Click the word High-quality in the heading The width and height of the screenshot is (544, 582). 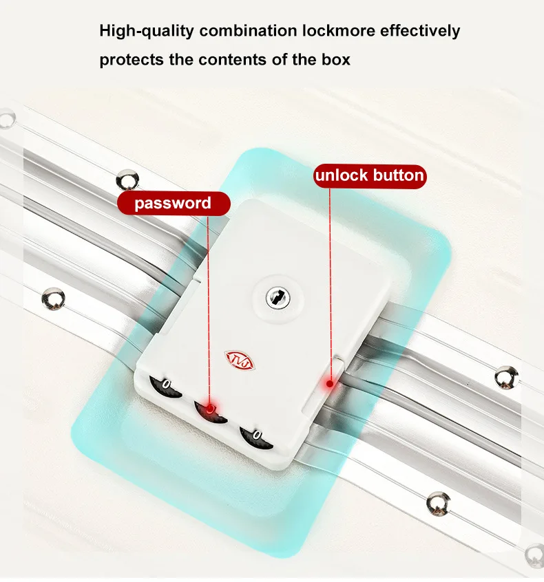pyautogui.click(x=147, y=31)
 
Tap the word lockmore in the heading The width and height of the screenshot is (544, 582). pyautogui.click(x=339, y=30)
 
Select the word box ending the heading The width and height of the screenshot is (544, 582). pyautogui.click(x=336, y=59)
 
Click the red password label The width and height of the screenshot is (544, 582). pyautogui.click(x=174, y=204)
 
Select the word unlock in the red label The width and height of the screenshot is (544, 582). pyautogui.click(x=342, y=175)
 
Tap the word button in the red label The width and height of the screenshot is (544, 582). pyautogui.click(x=398, y=175)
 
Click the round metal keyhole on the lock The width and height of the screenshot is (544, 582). pyautogui.click(x=278, y=297)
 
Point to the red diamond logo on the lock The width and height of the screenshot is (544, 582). pyautogui.click(x=240, y=360)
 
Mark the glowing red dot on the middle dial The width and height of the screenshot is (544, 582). pyautogui.click(x=209, y=409)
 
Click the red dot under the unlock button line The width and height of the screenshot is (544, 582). pyautogui.click(x=329, y=384)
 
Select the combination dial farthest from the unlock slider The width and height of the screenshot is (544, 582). pyautogui.click(x=165, y=387)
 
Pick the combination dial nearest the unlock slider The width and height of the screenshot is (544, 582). pyautogui.click(x=256, y=439)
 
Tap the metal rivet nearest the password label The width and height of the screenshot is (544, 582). pyautogui.click(x=127, y=180)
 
